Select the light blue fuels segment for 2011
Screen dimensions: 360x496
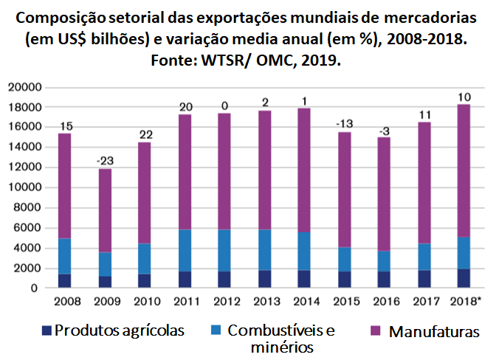pyautogui.click(x=185, y=250)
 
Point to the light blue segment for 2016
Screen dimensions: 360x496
pyautogui.click(x=382, y=261)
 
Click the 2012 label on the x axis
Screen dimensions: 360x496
pyautogui.click(x=224, y=301)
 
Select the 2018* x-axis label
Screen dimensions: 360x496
pyautogui.click(x=465, y=301)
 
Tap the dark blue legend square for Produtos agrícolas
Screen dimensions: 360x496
pyautogui.click(x=45, y=330)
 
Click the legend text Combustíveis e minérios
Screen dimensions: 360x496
pyautogui.click(x=280, y=337)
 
